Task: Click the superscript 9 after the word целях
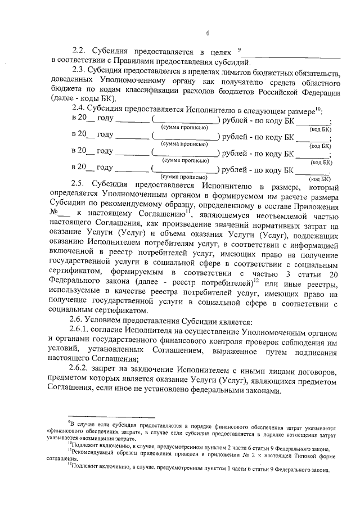(240, 48)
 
